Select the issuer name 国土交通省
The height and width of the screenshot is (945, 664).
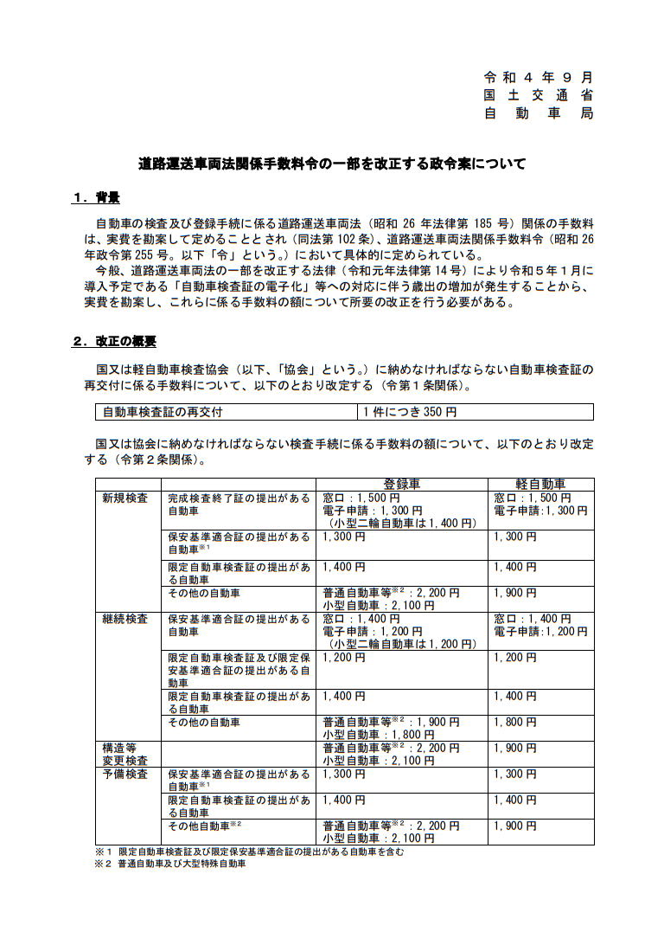coord(538,95)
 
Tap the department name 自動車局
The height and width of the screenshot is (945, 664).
coord(538,114)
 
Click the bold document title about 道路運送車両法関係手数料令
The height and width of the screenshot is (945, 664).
coord(332,163)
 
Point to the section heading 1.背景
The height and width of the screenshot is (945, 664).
coord(95,198)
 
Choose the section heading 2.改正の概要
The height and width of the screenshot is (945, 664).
coord(113,341)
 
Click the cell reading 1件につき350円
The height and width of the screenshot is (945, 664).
coord(407,412)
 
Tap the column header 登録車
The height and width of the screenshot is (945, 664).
coord(402,484)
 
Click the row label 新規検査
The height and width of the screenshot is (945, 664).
coord(125,498)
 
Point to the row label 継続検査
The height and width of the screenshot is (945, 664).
coord(125,620)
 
